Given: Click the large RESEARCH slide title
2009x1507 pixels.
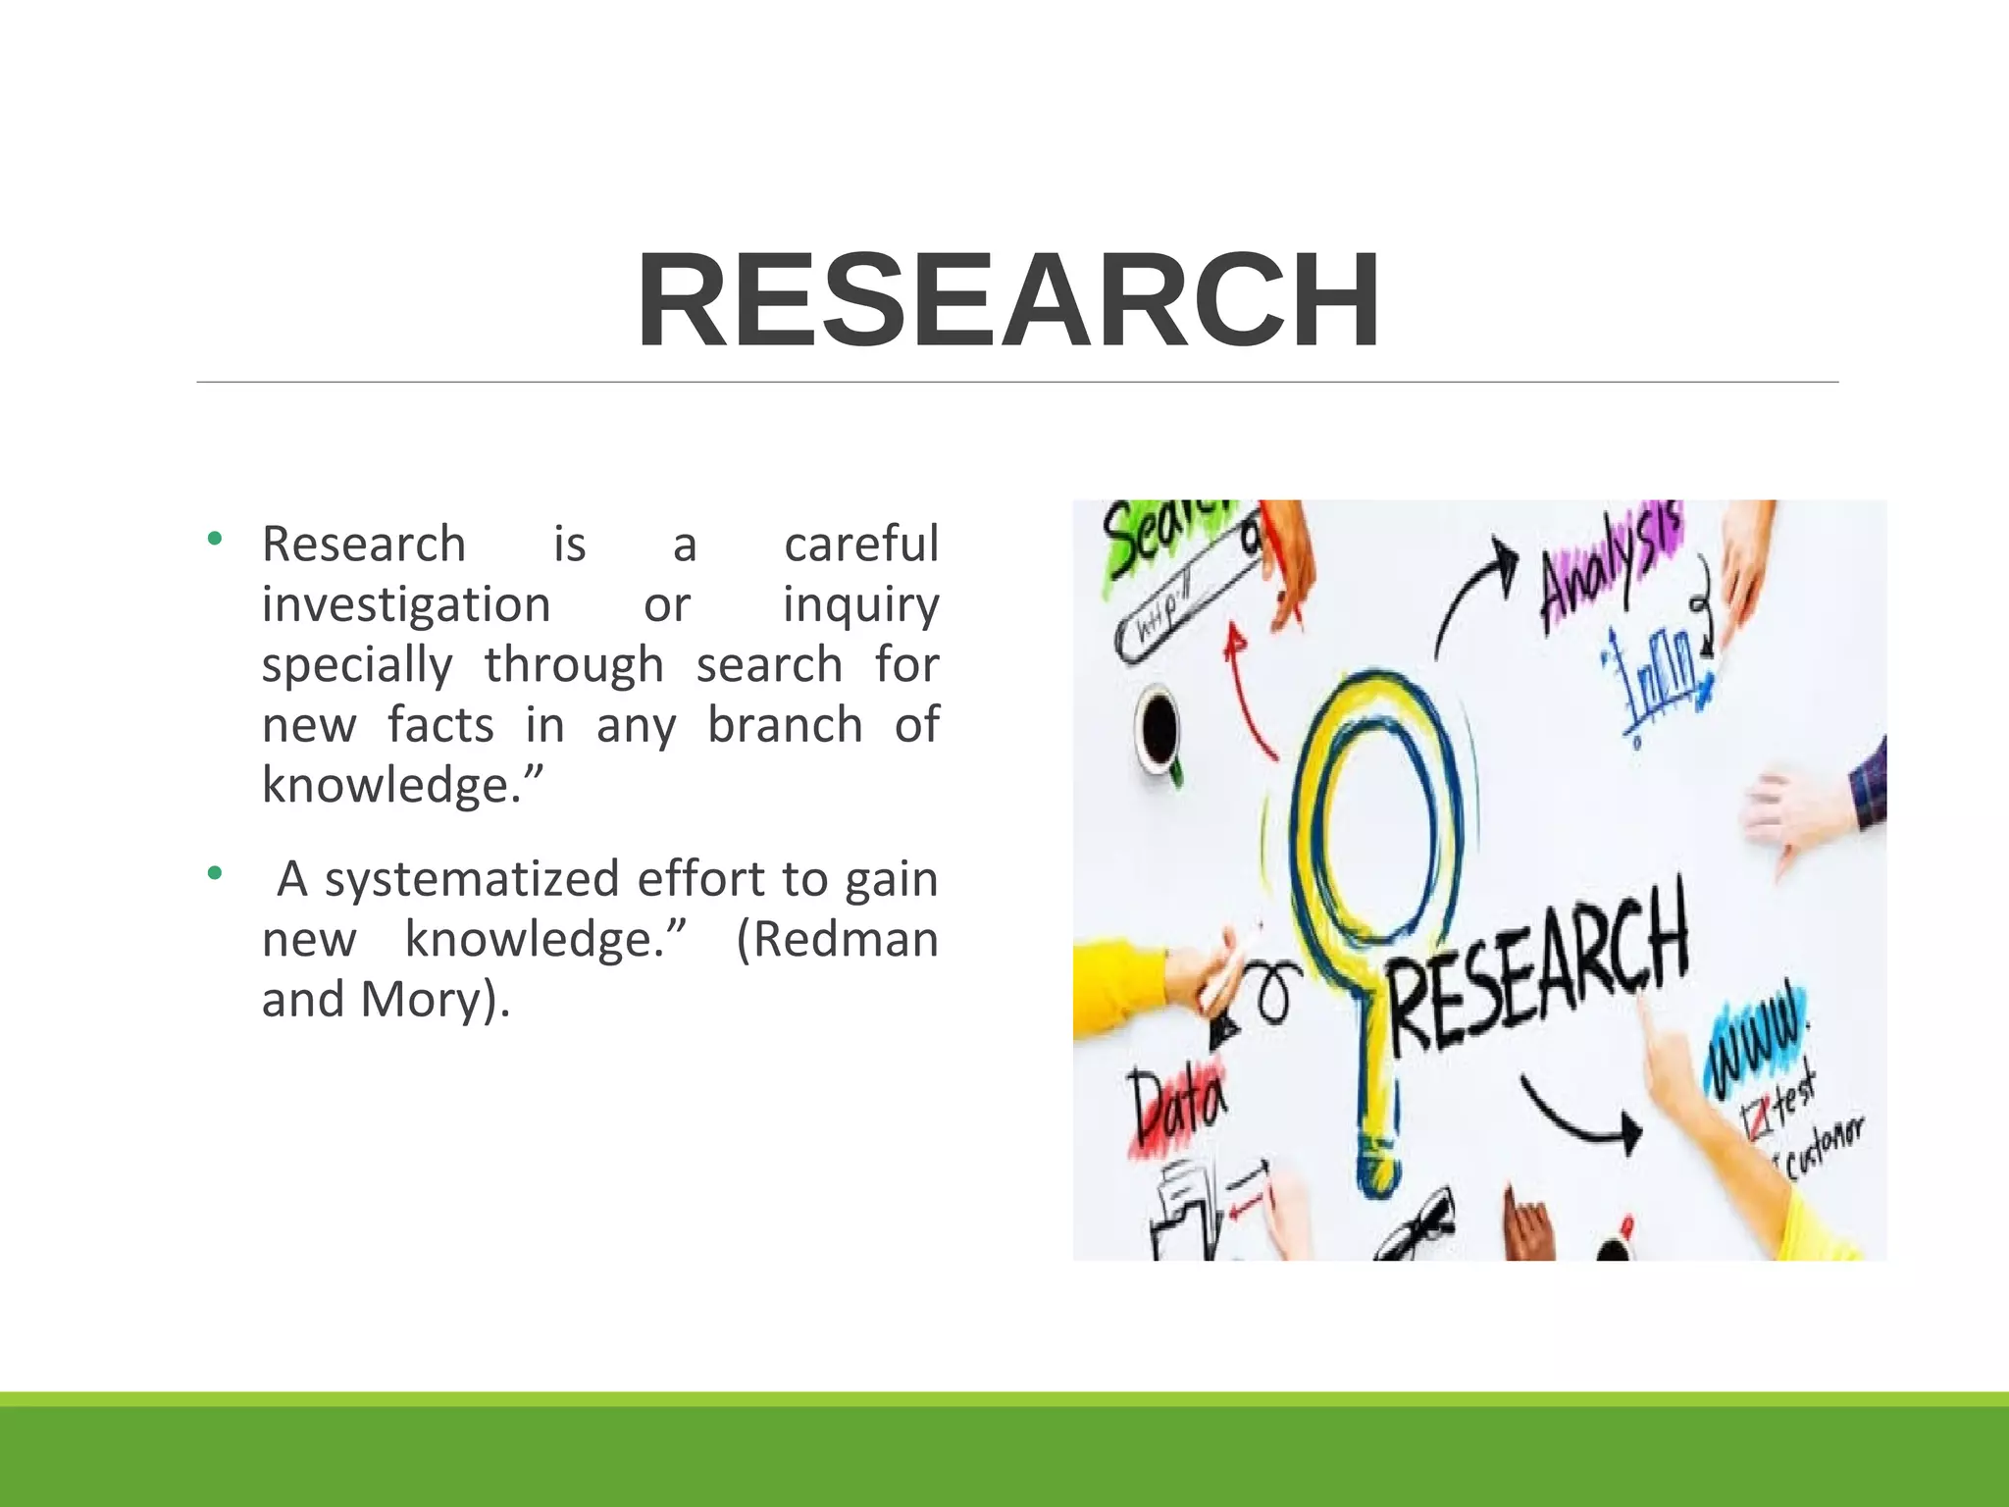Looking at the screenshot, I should (1008, 300).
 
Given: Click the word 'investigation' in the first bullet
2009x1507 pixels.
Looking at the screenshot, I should (406, 605).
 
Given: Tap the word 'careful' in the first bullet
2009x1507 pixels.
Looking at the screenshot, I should (860, 545).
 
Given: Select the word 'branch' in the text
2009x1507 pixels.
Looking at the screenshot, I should (785, 726).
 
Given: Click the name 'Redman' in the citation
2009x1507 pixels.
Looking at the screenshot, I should (837, 940).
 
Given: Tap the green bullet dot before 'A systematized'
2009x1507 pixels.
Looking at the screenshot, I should (215, 872).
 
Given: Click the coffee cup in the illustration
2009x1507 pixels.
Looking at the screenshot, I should (1159, 731).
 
